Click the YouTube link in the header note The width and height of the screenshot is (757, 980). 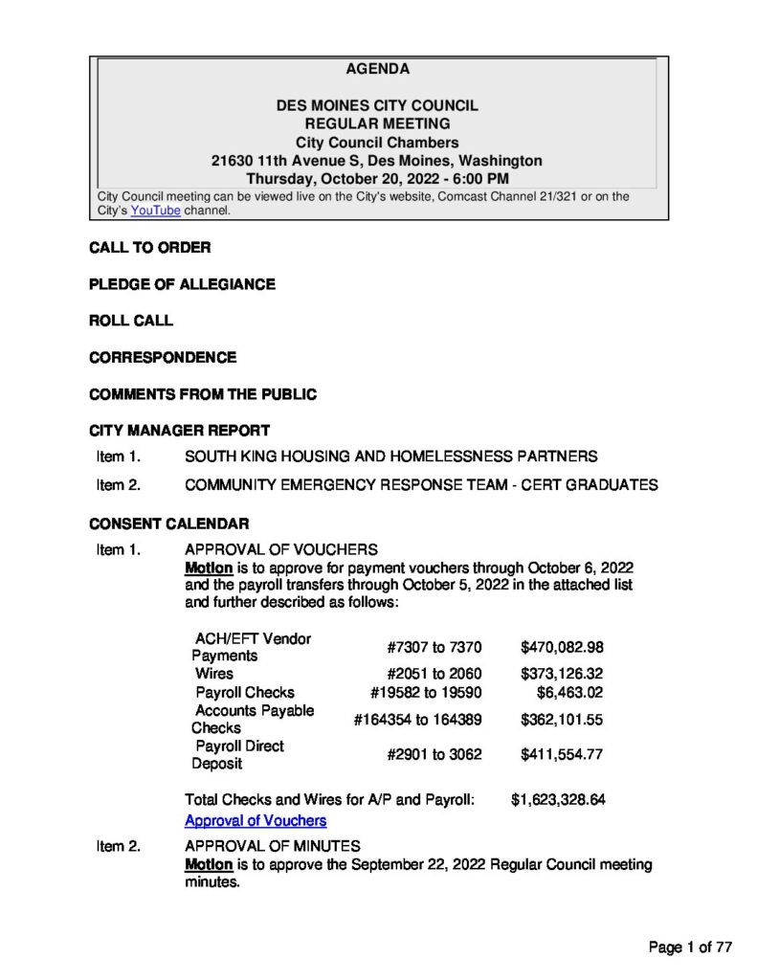155,211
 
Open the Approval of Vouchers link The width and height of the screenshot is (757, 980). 255,820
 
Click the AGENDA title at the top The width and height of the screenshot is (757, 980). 377,69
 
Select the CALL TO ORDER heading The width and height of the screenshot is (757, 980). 149,248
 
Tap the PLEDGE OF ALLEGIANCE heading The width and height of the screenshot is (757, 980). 182,284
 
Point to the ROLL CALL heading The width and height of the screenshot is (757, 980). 131,321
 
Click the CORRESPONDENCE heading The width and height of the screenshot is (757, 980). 163,357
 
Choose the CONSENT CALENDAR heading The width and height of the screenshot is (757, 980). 168,523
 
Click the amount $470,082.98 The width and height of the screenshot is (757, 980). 562,647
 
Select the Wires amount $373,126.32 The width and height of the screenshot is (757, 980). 562,674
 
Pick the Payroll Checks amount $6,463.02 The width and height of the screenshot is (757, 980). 569,692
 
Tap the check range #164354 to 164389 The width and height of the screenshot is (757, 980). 417,719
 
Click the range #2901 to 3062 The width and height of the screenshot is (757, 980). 434,754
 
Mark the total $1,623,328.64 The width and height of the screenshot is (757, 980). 558,799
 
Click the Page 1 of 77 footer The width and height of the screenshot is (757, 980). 690,947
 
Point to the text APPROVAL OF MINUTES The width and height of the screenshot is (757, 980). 272,846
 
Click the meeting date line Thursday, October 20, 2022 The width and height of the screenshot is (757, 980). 377,178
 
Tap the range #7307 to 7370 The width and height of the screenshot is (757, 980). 434,647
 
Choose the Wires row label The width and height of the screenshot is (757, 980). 214,674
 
